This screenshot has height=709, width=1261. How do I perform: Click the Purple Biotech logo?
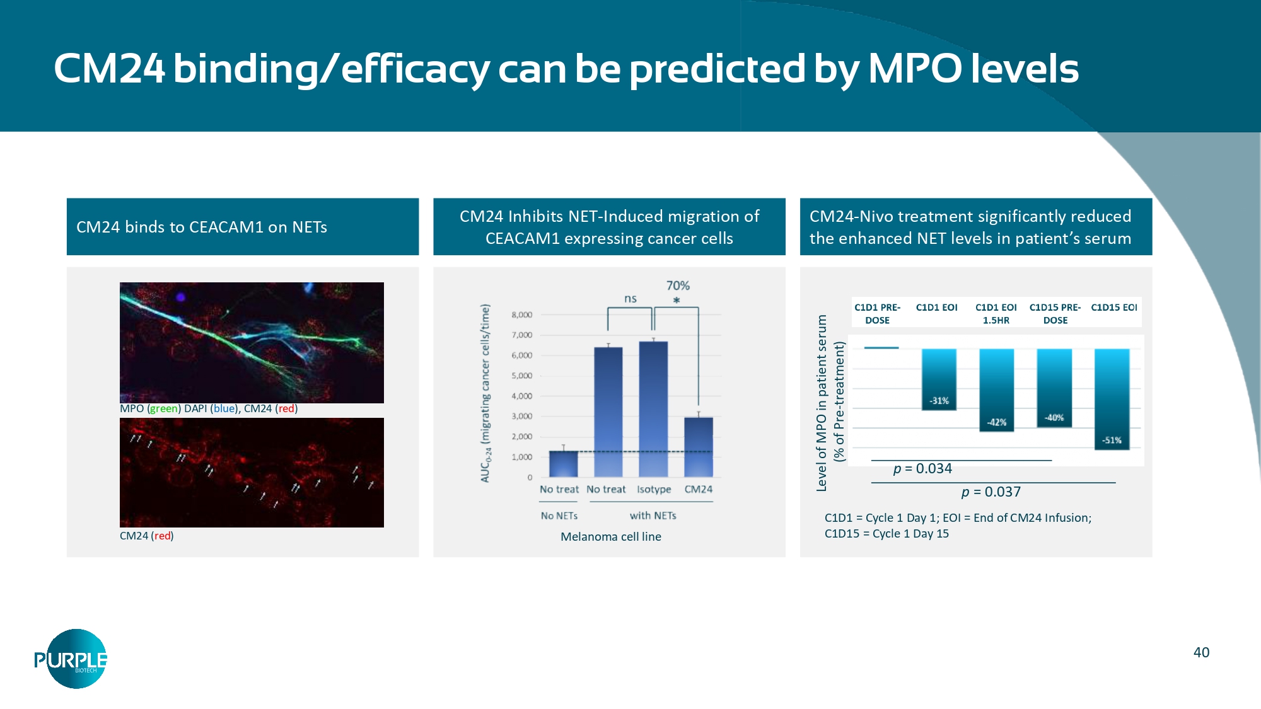[x=71, y=659]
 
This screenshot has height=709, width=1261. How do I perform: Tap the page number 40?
[x=1201, y=652]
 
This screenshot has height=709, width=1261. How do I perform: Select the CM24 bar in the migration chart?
[x=699, y=447]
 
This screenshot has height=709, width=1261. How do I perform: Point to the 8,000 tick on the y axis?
[x=522, y=314]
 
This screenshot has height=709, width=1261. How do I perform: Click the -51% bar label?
[x=1112, y=441]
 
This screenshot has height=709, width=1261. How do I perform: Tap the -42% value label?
[x=996, y=422]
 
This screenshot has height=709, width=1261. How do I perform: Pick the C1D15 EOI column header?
[x=1113, y=308]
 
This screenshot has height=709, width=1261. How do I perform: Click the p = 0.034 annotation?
[x=922, y=468]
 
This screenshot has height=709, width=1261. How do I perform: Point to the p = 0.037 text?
[x=991, y=492]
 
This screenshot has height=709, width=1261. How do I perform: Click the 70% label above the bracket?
[x=678, y=285]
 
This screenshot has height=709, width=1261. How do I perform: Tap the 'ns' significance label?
[x=630, y=299]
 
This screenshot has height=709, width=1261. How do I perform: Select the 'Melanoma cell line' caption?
[x=610, y=536]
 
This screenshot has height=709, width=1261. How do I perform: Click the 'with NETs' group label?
[x=653, y=516]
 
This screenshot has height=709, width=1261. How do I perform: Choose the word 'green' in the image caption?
[x=164, y=408]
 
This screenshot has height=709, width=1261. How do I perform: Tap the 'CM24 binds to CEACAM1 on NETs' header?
[x=202, y=227]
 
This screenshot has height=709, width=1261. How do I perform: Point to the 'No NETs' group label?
[x=559, y=516]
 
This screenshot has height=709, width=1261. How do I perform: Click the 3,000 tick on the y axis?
[x=522, y=416]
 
